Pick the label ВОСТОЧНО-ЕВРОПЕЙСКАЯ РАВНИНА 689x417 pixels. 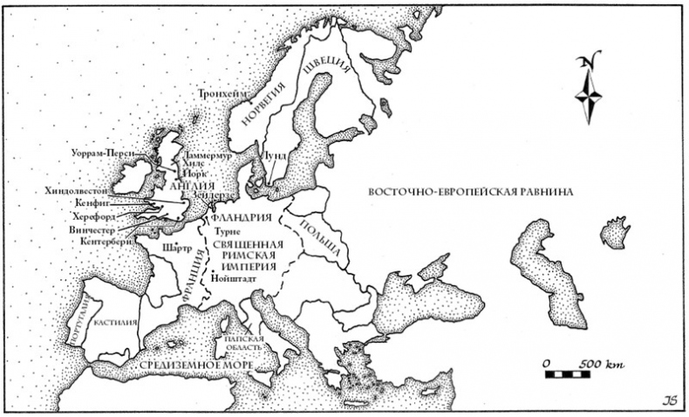pos(468,193)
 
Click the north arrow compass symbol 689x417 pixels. pos(590,89)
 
